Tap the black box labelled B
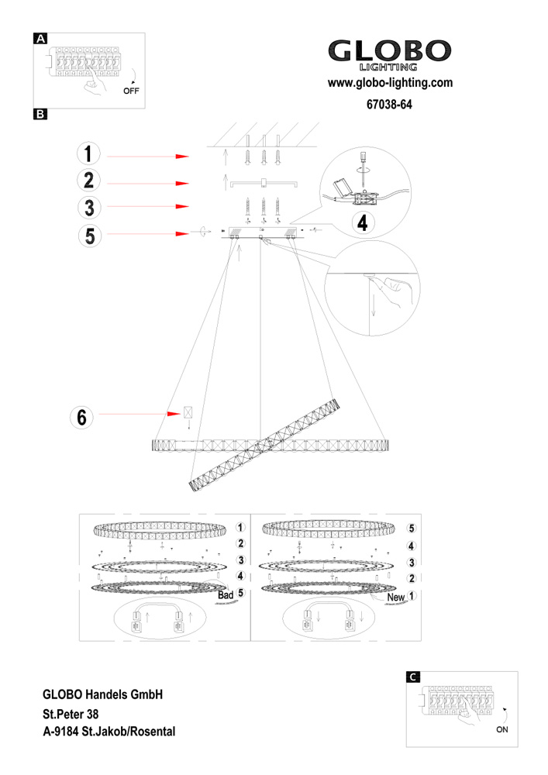[x=40, y=115]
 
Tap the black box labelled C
[x=414, y=676]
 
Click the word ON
[x=502, y=729]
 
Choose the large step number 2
[x=90, y=182]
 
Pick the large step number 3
[x=90, y=208]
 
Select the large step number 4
[x=361, y=223]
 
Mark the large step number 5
[x=90, y=234]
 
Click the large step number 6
[x=80, y=417]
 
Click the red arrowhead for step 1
[x=182, y=157]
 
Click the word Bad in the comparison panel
[x=226, y=595]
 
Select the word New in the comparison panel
[x=395, y=598]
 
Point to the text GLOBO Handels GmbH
[x=101, y=694]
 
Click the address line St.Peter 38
[x=71, y=713]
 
